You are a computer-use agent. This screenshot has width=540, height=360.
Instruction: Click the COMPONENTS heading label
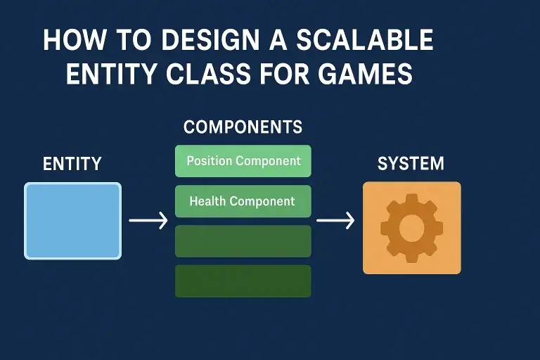pos(243,127)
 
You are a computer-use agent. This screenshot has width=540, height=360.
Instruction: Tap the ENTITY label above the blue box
pos(72,164)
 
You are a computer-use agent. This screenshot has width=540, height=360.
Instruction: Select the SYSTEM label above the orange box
pos(411,164)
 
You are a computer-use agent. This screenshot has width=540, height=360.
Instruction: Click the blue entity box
pos(73,221)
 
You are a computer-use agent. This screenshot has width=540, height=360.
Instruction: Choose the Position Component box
pos(243,161)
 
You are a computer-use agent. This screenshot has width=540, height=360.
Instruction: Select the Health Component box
pos(243,201)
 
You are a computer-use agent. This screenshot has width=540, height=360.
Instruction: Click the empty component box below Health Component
pos(243,240)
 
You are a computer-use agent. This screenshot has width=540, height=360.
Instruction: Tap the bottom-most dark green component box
pos(243,280)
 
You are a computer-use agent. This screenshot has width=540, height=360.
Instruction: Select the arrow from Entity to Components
pos(148,221)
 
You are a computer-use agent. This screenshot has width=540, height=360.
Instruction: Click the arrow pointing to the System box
pos(335,221)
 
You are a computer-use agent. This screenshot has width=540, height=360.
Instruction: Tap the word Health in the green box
pos(207,201)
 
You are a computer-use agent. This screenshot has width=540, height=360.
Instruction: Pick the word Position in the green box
pos(210,161)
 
